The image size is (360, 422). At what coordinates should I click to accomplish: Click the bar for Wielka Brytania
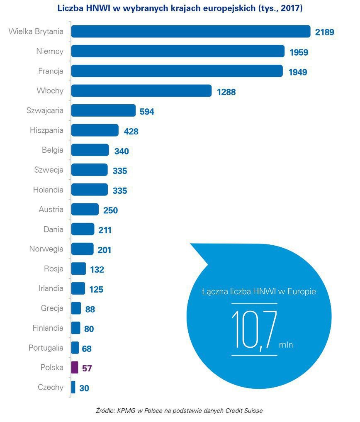tap(191, 32)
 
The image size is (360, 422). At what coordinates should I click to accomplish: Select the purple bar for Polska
tap(74, 368)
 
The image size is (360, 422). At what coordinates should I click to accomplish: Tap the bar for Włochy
tap(141, 91)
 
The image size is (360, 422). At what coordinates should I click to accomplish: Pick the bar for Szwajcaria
tap(103, 110)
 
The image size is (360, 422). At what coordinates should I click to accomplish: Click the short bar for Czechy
tap(73, 388)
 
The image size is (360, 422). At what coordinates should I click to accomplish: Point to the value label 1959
tap(299, 52)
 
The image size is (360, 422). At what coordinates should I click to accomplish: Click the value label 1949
tap(297, 72)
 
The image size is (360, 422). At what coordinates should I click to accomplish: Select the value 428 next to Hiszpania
tap(131, 132)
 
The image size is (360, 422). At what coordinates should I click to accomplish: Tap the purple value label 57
tap(86, 368)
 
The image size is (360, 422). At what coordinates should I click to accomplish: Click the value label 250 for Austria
tap(110, 210)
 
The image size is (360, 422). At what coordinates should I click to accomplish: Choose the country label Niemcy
tap(50, 51)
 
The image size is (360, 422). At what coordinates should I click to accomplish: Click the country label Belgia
tap(53, 150)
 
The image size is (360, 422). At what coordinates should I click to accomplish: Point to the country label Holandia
tap(48, 190)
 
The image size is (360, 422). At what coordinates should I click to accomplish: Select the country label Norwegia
tap(46, 249)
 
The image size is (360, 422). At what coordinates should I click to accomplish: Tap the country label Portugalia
tap(46, 348)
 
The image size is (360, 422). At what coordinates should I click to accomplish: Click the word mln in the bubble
tap(286, 345)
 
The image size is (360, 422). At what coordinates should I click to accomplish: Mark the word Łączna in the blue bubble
tap(215, 292)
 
